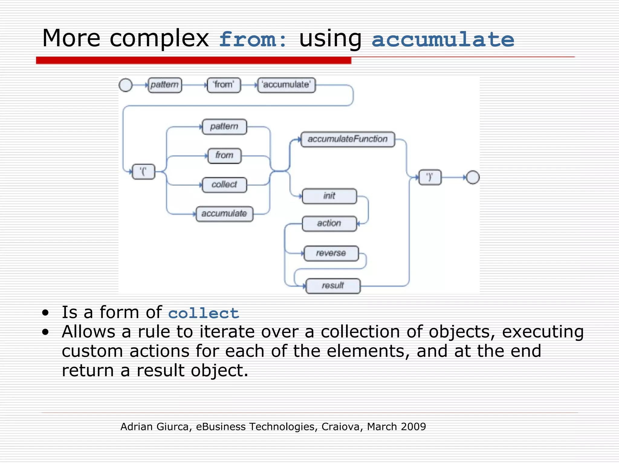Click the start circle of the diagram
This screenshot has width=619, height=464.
126,85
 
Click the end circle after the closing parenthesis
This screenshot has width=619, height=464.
473,177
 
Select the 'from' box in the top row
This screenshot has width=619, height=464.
224,85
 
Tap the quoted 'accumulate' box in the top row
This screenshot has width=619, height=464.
286,85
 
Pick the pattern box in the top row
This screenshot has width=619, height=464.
165,85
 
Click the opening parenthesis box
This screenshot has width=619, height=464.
144,172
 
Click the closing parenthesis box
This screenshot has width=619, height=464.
429,177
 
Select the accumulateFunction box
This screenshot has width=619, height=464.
348,139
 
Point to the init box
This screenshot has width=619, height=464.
329,196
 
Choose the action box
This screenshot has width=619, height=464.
329,224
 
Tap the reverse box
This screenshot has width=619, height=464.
331,253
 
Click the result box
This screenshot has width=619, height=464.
333,286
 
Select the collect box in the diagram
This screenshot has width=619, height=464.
224,185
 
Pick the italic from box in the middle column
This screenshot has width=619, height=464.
224,156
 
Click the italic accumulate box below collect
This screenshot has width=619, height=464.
224,214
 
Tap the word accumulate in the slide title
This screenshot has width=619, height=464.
443,39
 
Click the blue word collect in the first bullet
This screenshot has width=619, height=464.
203,313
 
